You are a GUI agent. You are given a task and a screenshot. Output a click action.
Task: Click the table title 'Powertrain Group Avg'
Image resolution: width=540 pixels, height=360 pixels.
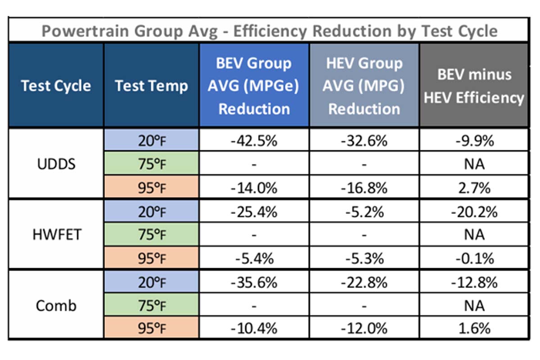(130, 31)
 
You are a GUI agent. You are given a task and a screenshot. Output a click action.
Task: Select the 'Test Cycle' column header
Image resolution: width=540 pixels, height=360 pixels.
(56, 85)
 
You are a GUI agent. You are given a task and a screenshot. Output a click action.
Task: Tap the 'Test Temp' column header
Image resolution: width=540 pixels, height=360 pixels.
(151, 85)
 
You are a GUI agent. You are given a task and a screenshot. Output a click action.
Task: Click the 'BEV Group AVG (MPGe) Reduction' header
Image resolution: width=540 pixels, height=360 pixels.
(254, 86)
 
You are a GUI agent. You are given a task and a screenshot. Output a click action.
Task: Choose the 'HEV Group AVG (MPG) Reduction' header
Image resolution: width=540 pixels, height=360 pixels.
(364, 86)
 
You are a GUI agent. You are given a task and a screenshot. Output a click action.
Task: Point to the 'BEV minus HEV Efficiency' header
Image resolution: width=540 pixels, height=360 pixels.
(474, 86)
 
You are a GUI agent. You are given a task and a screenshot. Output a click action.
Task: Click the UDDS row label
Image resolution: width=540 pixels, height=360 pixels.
(56, 164)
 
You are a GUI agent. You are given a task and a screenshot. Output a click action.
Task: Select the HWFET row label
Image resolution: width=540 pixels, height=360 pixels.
(56, 235)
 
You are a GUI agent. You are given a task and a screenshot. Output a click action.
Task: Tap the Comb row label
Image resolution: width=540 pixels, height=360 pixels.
(56, 306)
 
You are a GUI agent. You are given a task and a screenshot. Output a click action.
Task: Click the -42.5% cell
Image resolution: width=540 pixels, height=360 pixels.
(254, 141)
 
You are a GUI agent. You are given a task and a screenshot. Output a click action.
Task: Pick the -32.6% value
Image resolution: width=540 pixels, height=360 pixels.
(364, 141)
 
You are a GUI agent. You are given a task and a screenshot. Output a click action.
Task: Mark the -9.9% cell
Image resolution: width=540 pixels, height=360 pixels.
(475, 141)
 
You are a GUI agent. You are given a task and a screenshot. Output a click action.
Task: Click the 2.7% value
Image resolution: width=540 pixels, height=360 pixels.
(474, 188)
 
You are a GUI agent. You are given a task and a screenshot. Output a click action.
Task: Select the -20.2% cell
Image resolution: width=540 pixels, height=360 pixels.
(474, 212)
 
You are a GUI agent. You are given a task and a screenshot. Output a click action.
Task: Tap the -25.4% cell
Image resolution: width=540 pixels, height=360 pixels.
(254, 212)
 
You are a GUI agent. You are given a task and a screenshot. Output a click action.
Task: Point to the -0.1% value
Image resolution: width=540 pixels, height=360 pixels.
(475, 258)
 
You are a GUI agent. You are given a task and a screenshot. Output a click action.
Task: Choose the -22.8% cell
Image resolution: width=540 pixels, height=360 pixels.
(364, 283)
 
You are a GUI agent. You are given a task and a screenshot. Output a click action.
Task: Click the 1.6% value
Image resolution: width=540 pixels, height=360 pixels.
(474, 328)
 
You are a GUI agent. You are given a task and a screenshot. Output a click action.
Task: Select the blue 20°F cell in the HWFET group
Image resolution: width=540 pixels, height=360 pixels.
(151, 211)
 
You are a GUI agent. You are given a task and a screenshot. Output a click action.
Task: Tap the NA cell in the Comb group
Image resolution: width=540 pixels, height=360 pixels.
(474, 306)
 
